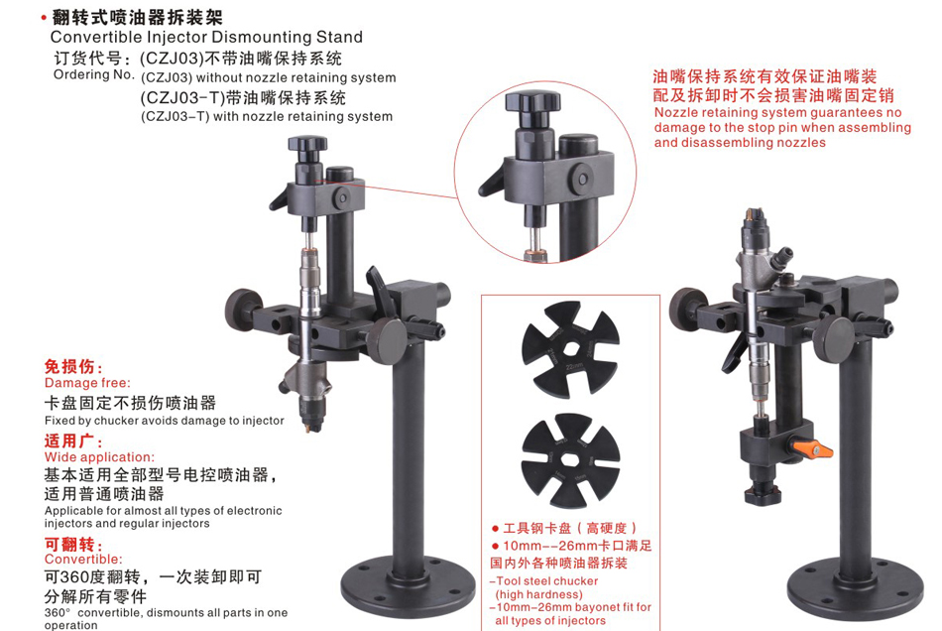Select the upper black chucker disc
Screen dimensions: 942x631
click(570, 349)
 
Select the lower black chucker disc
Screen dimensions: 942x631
click(571, 460)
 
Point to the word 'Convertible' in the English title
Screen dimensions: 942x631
click(96, 38)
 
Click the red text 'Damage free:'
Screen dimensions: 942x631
click(87, 383)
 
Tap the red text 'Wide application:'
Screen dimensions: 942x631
click(99, 456)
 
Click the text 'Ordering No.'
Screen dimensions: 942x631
click(94, 74)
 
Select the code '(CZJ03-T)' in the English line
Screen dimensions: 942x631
click(175, 117)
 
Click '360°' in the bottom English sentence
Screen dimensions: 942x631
click(58, 613)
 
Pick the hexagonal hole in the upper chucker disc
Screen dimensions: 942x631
click(570, 349)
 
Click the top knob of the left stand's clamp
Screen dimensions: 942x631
click(307, 146)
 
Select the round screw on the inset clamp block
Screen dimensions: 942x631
click(581, 179)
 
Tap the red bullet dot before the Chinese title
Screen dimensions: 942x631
click(44, 19)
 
